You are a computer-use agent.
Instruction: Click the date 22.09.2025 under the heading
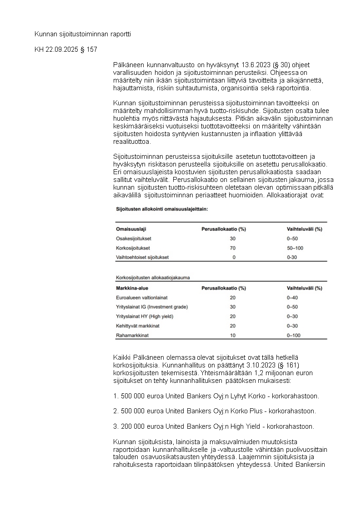pos(62,49)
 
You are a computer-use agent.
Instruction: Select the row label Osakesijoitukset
pos(134,239)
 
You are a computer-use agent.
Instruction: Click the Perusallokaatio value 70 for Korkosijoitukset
pos(233,248)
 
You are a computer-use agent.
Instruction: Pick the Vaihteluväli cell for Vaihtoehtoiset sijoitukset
pos(292,257)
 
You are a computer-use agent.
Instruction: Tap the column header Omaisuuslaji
pos(131,229)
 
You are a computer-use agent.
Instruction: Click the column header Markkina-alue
pos(132,288)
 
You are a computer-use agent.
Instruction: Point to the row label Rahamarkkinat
pos(133,335)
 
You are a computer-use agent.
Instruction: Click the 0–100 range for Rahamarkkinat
pos(295,335)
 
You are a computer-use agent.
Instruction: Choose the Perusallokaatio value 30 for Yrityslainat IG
pos(233,307)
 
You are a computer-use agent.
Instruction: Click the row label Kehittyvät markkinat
pos(138,326)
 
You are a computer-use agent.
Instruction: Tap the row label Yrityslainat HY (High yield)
pos(145,317)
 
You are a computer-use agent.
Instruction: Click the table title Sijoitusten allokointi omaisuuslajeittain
pos(162,209)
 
